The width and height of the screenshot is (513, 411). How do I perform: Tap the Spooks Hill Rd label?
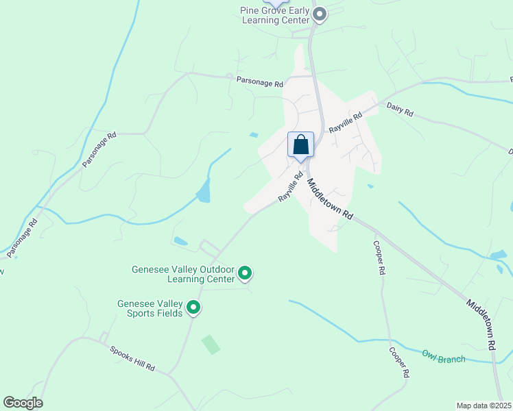132,359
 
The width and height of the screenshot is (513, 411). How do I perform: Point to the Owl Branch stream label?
443,356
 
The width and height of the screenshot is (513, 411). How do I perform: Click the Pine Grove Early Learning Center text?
274,15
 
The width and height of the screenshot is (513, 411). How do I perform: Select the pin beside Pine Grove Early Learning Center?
319,14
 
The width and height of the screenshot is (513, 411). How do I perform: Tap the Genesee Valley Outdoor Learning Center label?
183,274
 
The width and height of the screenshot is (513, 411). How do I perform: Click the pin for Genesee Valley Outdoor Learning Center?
245,274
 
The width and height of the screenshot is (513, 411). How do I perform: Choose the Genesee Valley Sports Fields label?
150,308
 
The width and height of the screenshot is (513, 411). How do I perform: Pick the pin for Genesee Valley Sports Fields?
193,308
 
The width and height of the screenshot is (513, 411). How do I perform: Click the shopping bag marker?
300,145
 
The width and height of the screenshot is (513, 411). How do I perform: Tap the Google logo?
23,403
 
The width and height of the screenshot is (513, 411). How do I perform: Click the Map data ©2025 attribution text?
484,406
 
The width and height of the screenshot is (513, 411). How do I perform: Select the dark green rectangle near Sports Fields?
211,345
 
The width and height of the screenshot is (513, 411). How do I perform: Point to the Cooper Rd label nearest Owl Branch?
399,362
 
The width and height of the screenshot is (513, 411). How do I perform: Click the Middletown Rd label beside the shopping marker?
330,199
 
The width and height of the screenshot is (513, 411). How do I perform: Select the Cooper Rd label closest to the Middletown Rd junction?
379,258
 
